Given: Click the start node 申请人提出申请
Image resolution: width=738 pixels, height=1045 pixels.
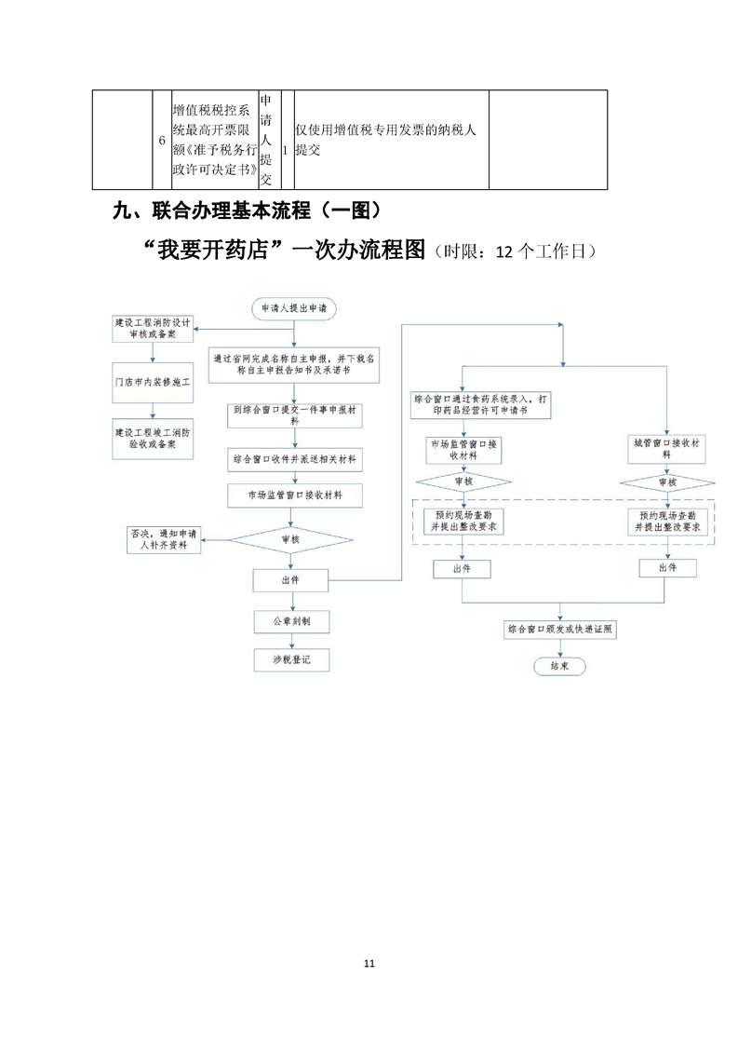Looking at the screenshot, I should (294, 306).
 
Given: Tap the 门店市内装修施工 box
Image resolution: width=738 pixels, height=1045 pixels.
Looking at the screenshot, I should (153, 382).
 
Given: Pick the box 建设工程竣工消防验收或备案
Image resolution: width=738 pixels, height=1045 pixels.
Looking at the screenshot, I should (153, 438).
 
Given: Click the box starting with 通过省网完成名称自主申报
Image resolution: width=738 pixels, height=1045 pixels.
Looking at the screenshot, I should (294, 362).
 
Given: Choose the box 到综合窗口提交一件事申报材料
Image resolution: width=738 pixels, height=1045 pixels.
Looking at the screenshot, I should (294, 414).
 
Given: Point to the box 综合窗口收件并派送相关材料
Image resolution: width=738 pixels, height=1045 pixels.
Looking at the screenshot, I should (294, 459).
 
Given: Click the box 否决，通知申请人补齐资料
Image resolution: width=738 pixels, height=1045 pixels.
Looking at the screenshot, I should (164, 539).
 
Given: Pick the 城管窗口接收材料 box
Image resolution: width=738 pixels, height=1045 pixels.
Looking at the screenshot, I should (666, 450).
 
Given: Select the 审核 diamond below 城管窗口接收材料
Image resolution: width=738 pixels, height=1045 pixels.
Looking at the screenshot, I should (666, 482).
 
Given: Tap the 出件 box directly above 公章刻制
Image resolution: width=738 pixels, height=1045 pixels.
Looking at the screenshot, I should (290, 580).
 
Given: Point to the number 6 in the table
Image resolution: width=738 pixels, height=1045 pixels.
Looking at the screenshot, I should (162, 140).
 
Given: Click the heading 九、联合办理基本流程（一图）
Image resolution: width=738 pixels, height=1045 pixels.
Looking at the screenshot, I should (248, 210).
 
